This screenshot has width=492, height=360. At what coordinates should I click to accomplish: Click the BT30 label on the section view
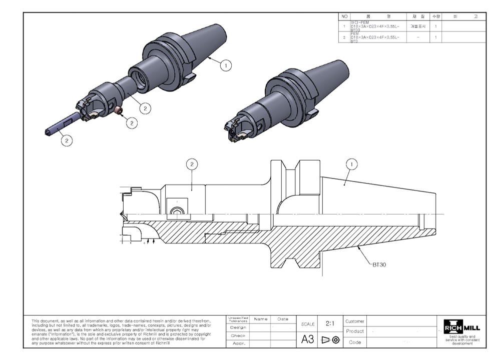click(x=379, y=265)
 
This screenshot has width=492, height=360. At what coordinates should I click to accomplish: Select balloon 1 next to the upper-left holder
click(x=226, y=65)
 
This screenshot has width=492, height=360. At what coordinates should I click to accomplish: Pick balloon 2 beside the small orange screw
click(x=132, y=121)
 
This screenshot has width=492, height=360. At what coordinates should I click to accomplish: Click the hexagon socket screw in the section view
click(x=176, y=211)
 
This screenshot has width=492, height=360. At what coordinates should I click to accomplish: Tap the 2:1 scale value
click(x=330, y=324)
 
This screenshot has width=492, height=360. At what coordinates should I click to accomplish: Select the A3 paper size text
click(x=307, y=339)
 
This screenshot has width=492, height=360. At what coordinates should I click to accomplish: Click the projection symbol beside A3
click(x=330, y=340)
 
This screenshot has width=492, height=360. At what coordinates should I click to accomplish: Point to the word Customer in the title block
click(x=355, y=321)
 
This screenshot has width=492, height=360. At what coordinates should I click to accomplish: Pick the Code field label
click(x=355, y=342)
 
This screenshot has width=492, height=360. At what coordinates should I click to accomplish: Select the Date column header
click(x=283, y=319)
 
